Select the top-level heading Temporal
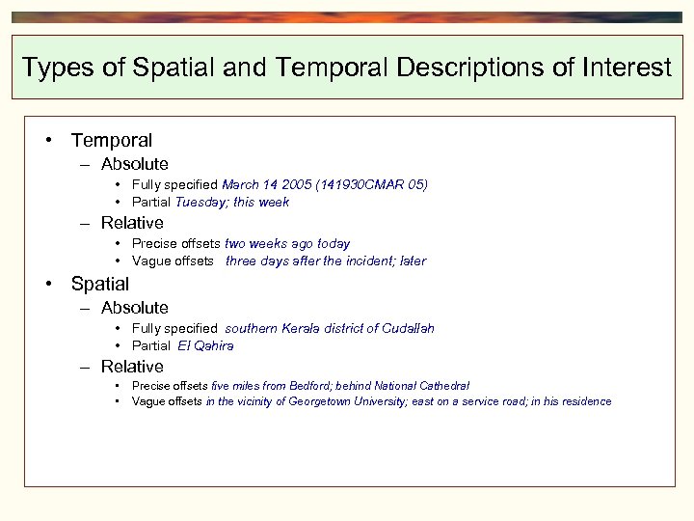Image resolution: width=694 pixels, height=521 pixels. click(x=111, y=141)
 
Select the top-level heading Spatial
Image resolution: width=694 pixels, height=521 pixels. click(x=99, y=284)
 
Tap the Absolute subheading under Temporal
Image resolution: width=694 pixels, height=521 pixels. click(x=134, y=165)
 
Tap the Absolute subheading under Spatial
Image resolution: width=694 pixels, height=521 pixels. click(x=134, y=308)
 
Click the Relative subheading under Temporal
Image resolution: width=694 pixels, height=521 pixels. click(x=132, y=223)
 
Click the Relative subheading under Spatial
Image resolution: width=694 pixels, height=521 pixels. click(x=132, y=367)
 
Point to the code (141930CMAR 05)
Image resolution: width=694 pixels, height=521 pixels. click(x=375, y=184)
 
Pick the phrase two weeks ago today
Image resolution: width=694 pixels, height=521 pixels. click(x=287, y=244)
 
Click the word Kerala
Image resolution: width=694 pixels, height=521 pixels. click(x=302, y=329)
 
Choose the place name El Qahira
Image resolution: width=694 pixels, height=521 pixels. click(x=205, y=345)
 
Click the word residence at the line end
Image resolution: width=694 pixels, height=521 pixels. click(x=584, y=402)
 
